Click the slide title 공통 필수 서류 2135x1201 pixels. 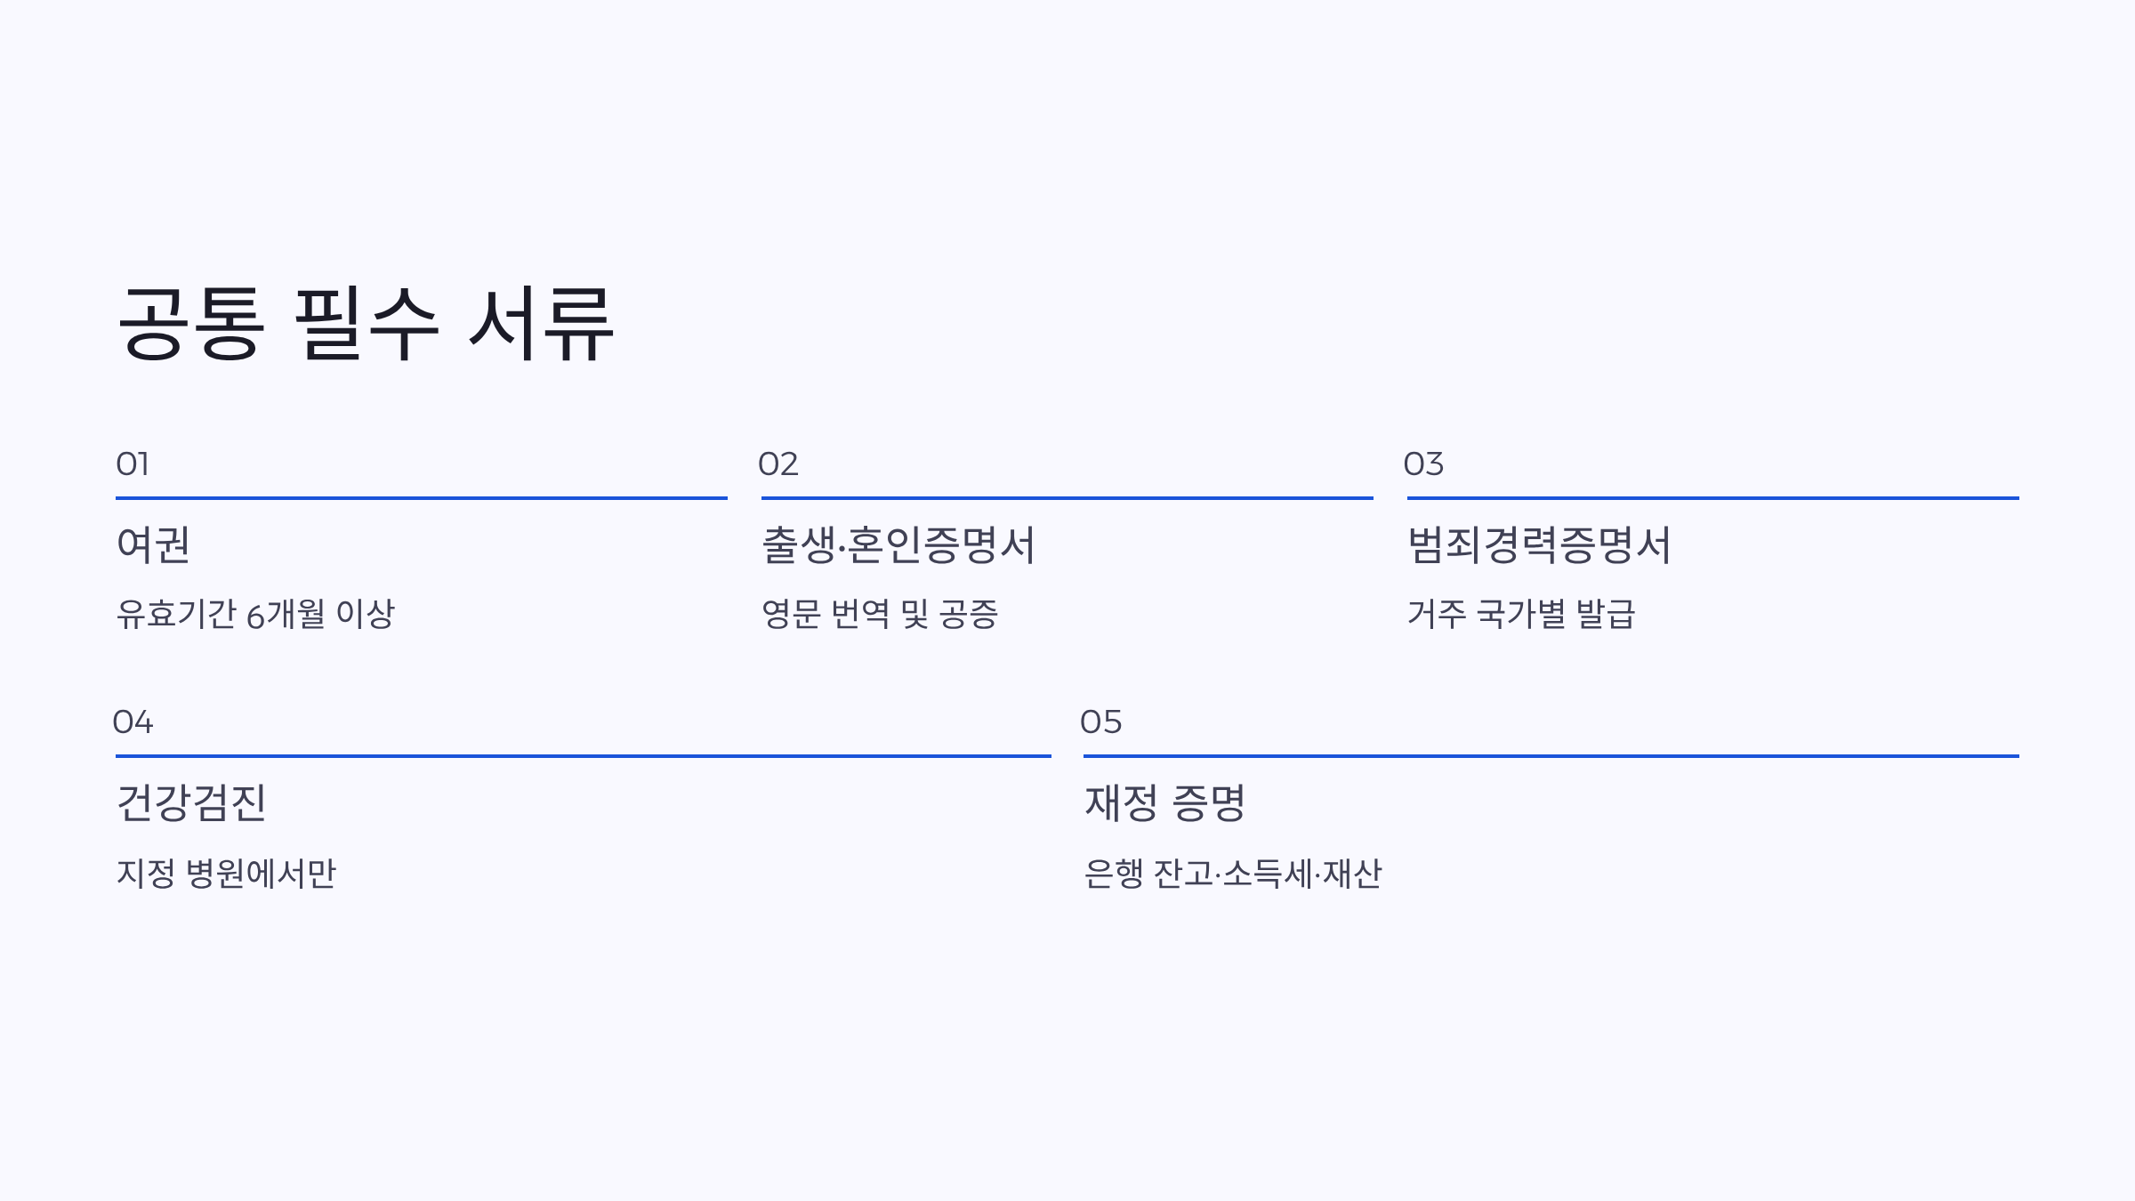365,324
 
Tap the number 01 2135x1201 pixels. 133,463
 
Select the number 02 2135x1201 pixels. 778,463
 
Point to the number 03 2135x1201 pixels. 1423,463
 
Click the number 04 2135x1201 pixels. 133,721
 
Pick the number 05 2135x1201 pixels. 1101,721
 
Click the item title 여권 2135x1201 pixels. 153,544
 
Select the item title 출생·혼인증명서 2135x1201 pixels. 898,544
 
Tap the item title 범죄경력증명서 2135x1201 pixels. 1539,544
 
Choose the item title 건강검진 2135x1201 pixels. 191,802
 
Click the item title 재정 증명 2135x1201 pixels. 1164,802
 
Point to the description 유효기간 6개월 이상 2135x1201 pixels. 255,614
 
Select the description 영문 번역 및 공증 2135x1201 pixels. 880,614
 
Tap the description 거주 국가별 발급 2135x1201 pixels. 1521,614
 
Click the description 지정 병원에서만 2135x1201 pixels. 226,874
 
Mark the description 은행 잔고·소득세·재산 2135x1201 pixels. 1233,874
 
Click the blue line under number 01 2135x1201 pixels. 422,498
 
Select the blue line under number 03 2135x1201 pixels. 1712,498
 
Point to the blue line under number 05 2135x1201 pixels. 1551,756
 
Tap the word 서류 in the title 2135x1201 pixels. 541,324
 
